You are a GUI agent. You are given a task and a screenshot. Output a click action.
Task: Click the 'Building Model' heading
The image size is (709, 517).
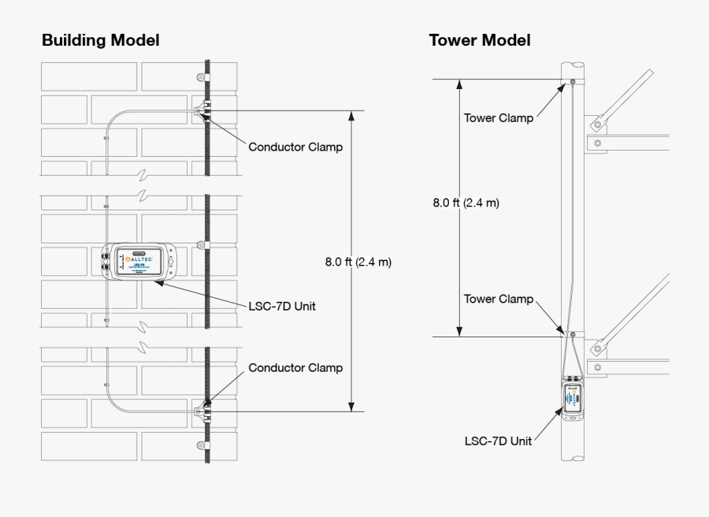(x=101, y=40)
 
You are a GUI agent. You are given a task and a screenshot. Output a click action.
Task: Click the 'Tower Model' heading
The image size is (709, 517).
(x=480, y=40)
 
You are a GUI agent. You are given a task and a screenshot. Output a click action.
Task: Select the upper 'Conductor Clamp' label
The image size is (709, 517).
(x=295, y=147)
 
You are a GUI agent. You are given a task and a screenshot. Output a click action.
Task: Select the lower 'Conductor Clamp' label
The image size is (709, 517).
(x=295, y=367)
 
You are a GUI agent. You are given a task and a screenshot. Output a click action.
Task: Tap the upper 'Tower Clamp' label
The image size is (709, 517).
(x=498, y=118)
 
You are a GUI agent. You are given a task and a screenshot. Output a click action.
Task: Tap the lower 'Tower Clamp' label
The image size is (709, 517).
(x=498, y=299)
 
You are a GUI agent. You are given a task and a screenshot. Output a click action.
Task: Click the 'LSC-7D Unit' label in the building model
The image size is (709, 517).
(x=282, y=306)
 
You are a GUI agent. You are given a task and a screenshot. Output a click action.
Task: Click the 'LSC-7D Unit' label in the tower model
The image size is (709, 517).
(x=498, y=441)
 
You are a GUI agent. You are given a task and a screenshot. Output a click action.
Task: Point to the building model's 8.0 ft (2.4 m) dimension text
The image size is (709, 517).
(x=358, y=262)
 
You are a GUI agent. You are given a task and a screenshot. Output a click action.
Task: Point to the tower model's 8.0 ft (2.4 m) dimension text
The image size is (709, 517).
(x=466, y=203)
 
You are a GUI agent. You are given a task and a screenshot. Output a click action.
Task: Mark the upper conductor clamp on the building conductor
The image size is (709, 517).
(x=202, y=111)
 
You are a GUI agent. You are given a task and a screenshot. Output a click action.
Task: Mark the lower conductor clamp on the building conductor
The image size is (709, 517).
(x=202, y=411)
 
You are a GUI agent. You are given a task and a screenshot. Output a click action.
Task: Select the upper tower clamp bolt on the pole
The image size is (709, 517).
(x=572, y=81)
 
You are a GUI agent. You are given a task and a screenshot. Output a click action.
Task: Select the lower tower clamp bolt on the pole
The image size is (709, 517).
(x=573, y=335)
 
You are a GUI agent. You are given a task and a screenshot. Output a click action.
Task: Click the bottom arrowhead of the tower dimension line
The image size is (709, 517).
(x=458, y=331)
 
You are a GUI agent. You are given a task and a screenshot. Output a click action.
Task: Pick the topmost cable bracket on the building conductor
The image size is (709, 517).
(x=201, y=78)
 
